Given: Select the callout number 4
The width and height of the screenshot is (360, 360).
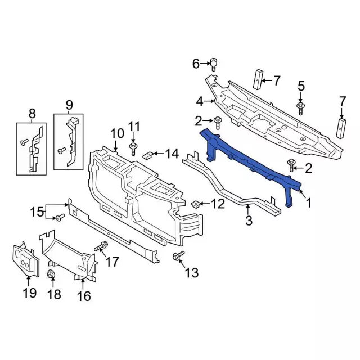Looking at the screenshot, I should (x=200, y=102).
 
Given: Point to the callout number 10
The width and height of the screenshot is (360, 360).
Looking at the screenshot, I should (x=116, y=133).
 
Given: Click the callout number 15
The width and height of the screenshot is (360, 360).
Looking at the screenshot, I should (x=37, y=211).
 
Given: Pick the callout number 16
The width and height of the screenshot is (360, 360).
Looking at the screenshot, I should (x=83, y=296).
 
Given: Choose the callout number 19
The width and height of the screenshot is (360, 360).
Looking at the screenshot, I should (x=29, y=292).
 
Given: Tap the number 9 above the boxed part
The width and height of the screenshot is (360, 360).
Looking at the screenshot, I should (x=69, y=104).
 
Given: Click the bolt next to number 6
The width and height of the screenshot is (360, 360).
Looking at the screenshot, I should (x=214, y=63).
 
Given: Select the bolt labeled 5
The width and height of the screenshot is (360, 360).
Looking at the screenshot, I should (x=301, y=107).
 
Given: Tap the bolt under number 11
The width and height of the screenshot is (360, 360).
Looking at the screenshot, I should (x=133, y=148).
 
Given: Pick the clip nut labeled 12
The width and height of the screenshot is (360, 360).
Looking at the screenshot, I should (x=196, y=204).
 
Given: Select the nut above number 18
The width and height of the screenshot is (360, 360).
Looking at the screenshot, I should (x=51, y=274).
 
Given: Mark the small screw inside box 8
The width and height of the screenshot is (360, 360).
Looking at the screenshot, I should (x=24, y=143).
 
